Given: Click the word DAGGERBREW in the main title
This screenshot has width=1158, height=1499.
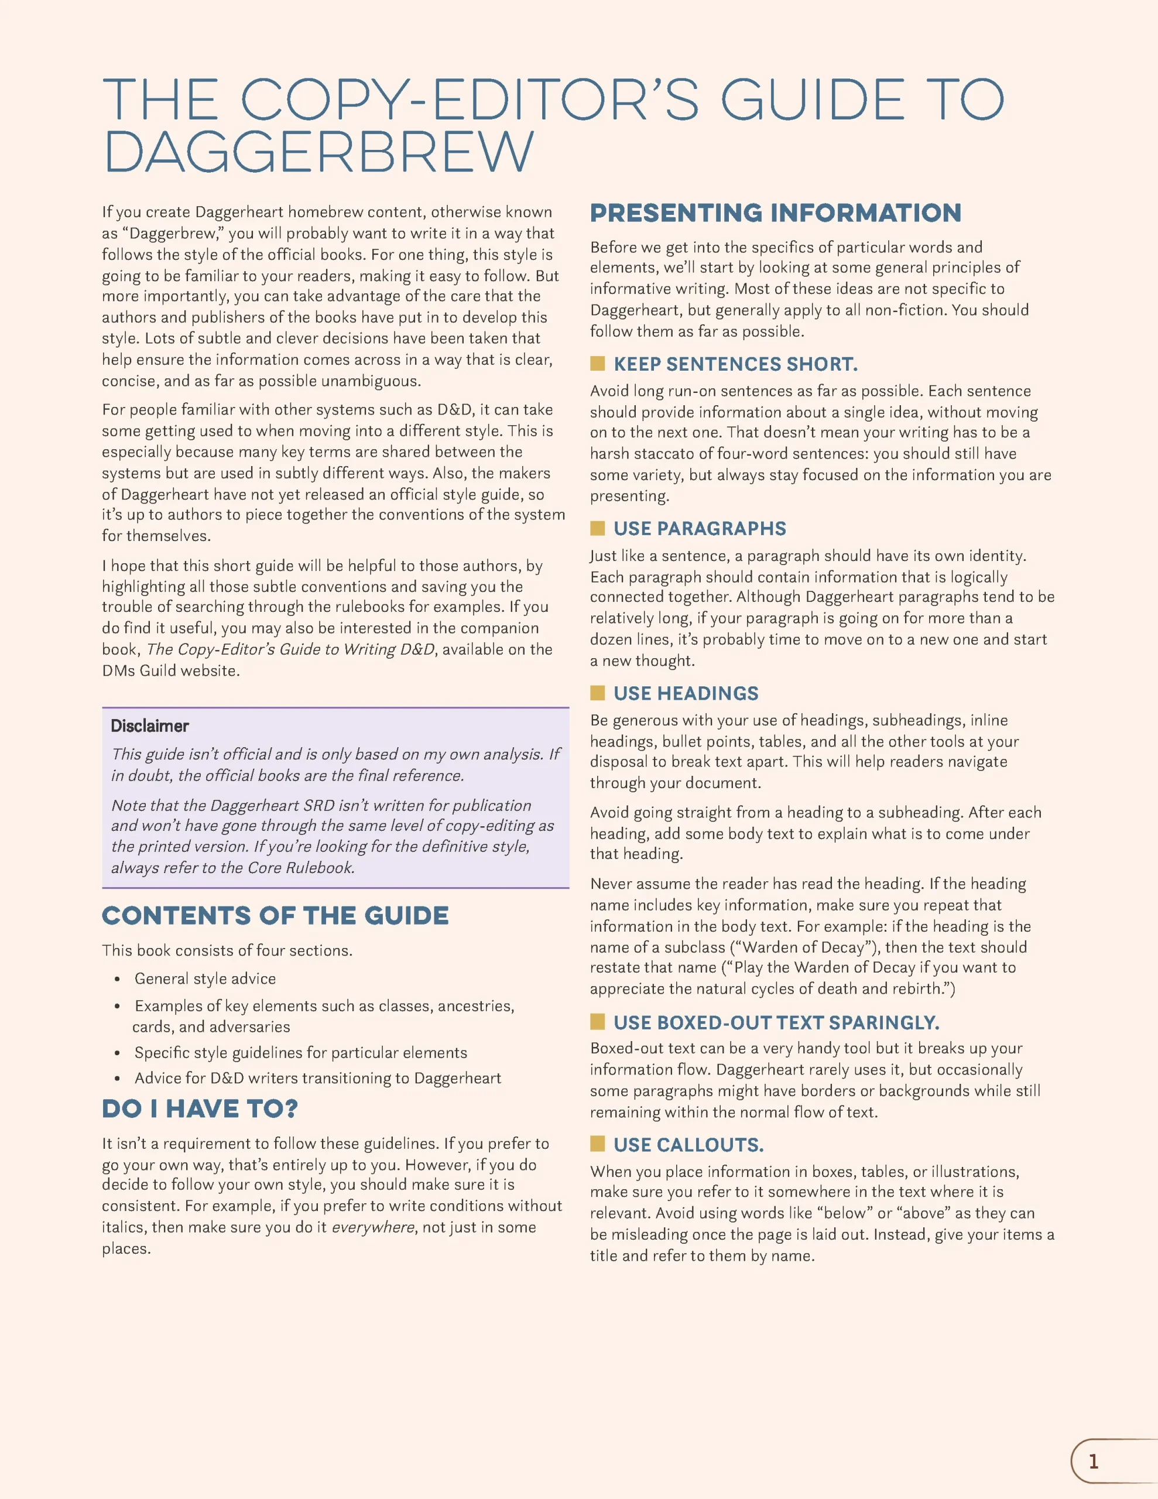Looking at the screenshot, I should point(318,152).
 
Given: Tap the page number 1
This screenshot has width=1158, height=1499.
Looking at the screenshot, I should point(1094,1460).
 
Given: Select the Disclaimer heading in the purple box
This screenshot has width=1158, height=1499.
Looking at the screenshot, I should point(150,726).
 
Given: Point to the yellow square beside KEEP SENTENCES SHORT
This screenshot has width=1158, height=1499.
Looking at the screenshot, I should point(597,363).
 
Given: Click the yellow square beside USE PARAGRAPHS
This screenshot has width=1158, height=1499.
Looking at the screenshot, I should point(597,528).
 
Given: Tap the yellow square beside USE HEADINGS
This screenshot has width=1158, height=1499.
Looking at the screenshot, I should point(597,693).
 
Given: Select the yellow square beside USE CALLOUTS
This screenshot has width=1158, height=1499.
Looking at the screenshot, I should point(597,1144).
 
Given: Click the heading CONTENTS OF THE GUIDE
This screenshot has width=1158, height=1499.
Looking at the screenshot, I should point(275,916).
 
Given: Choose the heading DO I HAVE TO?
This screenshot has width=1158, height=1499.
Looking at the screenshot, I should point(200,1109).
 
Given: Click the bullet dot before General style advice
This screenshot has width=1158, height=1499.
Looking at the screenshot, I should point(118,980).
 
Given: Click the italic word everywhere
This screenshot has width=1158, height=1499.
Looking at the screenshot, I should point(374,1227).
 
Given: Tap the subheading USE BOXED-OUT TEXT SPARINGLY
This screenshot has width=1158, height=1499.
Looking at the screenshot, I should point(776,1023).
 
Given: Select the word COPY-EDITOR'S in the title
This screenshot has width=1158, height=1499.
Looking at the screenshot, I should point(470,100).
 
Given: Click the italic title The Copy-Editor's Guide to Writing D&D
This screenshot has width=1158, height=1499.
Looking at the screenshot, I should point(290,649).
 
